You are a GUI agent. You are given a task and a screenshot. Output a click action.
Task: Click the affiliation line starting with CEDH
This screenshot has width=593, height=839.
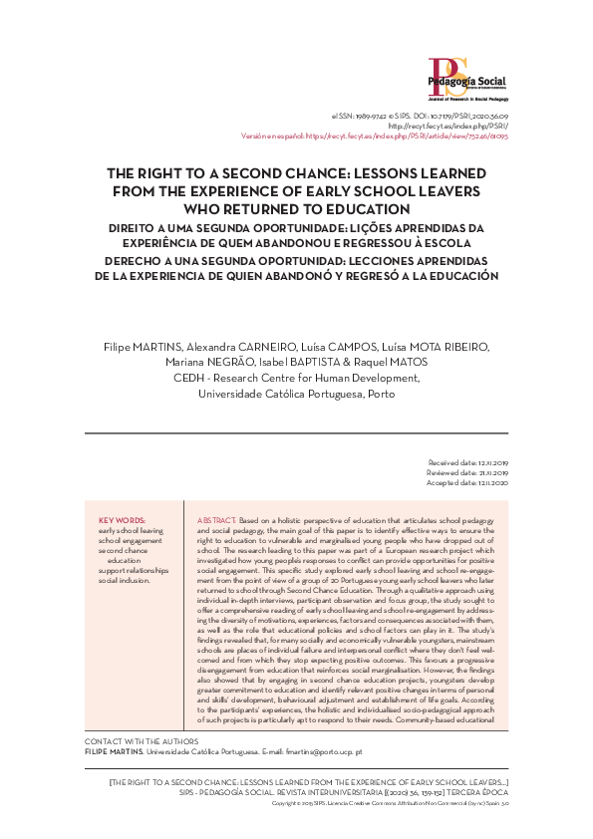295,378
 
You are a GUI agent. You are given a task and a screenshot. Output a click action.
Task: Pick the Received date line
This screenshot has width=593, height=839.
467,463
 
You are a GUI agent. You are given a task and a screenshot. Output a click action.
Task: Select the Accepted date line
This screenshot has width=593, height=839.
467,483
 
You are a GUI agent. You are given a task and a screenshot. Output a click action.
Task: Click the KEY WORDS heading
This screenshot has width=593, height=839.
123,521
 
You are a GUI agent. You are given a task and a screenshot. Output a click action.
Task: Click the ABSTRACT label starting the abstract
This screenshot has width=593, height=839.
217,521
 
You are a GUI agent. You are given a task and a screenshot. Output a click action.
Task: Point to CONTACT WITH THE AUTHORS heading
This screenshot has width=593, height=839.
142,742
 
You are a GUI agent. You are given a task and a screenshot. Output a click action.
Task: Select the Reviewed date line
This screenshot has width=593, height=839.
467,473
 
